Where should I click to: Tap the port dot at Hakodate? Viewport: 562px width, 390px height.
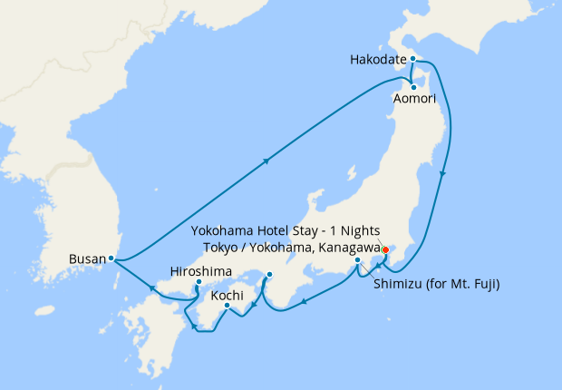click(x=412, y=59)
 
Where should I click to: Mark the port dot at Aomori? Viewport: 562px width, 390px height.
click(x=413, y=87)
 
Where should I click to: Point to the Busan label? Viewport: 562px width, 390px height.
click(x=88, y=259)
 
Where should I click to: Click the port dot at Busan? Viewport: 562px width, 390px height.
click(x=111, y=258)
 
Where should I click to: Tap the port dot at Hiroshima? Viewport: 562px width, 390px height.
click(x=199, y=283)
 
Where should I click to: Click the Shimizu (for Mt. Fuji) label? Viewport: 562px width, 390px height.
click(x=437, y=284)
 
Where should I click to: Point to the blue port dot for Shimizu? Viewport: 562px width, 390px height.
click(x=358, y=261)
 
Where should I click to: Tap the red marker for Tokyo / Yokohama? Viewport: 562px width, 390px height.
click(x=384, y=250)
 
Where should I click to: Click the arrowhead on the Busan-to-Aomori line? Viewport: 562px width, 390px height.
click(x=266, y=161)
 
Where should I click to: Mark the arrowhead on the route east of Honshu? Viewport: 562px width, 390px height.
click(x=443, y=173)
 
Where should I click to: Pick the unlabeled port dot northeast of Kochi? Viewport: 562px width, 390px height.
click(x=269, y=273)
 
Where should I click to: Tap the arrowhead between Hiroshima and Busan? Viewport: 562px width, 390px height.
click(x=152, y=288)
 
